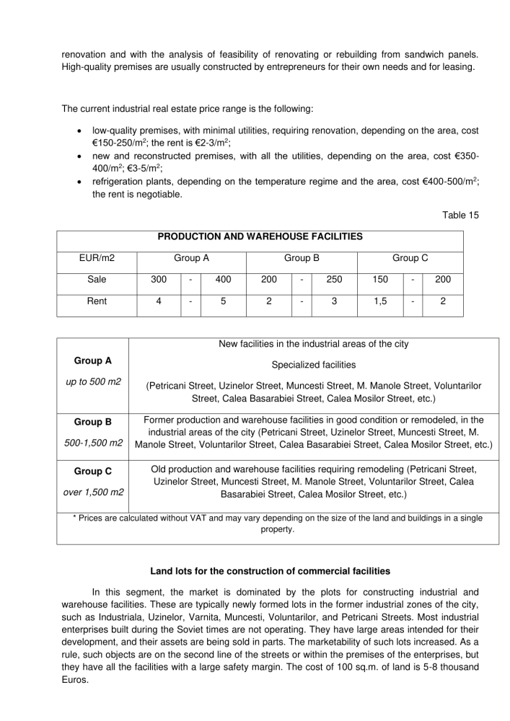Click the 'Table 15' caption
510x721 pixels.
point(460,215)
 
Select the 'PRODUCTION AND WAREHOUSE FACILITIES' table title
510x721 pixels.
point(260,236)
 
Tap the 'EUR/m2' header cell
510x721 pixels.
point(97,257)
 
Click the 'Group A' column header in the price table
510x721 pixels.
point(192,257)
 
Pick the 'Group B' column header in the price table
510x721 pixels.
point(302,257)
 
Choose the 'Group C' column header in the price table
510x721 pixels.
point(410,257)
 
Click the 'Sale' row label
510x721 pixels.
point(97,279)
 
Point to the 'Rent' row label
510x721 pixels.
point(97,301)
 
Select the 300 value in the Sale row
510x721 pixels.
point(159,279)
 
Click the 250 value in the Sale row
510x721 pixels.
point(334,279)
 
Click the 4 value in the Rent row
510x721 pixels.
point(159,301)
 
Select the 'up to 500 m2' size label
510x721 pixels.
point(92,381)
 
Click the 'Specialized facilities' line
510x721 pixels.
point(314,365)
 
